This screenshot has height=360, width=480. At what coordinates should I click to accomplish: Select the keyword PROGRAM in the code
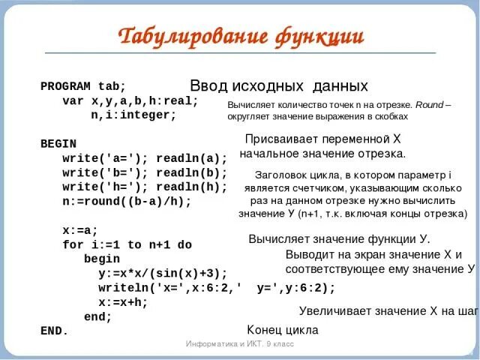[65, 86]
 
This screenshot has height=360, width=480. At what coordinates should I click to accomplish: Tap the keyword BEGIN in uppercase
[58, 142]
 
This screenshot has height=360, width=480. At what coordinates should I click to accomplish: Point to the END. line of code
[54, 330]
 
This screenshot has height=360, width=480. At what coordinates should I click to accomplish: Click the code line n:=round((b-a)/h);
[127, 202]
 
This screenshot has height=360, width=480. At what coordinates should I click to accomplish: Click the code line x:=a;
[80, 230]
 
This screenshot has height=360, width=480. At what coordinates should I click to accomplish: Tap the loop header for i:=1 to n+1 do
[127, 244]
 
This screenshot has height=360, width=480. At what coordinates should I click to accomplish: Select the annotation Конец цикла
[283, 330]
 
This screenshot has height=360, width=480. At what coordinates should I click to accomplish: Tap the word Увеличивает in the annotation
[333, 310]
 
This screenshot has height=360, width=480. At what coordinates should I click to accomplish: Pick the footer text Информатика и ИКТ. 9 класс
[240, 343]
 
